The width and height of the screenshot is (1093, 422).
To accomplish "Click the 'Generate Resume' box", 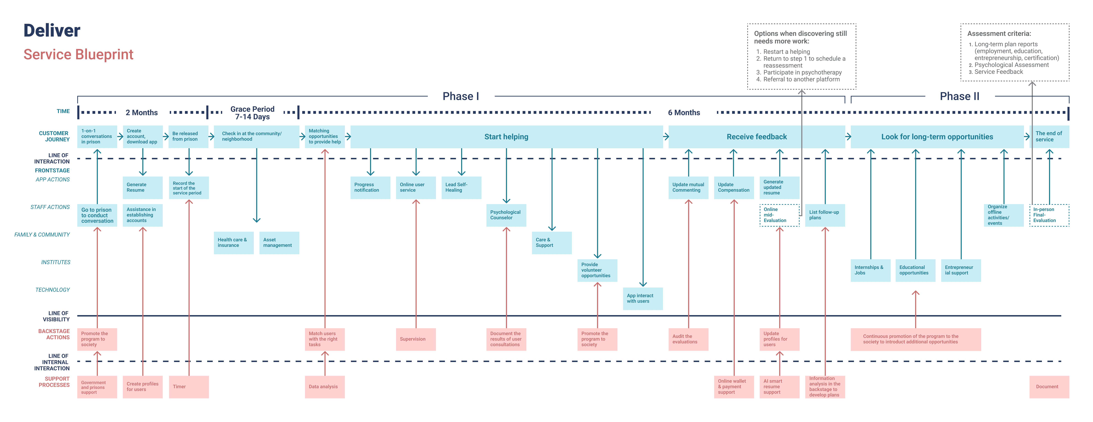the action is click(142, 187).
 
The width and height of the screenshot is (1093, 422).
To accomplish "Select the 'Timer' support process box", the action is click(189, 387).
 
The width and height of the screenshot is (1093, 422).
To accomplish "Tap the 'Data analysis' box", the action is click(325, 387).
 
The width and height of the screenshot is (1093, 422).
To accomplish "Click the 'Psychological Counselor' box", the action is click(506, 215).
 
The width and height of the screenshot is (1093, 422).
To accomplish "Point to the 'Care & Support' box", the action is click(552, 243).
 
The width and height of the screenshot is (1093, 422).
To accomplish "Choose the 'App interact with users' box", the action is click(643, 299).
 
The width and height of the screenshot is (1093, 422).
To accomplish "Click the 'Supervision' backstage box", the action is click(416, 339).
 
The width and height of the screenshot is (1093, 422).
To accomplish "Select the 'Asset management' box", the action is click(279, 243).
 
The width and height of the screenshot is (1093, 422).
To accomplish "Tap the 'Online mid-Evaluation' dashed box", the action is click(779, 215).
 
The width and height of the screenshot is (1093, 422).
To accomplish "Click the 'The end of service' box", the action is click(1049, 137).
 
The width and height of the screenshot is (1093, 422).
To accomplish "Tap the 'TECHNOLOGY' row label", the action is click(53, 290).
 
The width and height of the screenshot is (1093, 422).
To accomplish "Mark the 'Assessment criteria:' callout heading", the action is click(999, 33).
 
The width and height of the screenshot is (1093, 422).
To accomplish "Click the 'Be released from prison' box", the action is click(189, 137).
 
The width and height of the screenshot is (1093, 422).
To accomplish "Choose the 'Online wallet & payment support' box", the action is click(734, 387).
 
